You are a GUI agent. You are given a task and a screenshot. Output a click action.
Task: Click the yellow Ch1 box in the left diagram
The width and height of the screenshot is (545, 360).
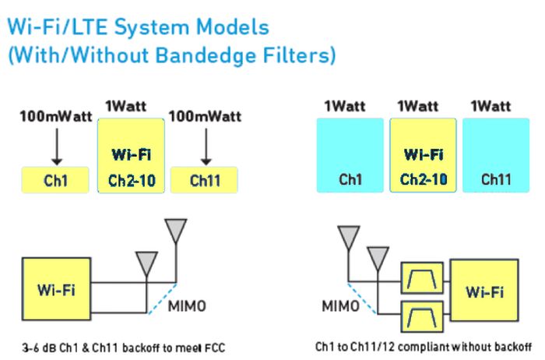pyautogui.click(x=55, y=180)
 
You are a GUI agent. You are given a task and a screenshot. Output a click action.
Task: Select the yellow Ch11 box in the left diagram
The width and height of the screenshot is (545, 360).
pyautogui.click(x=204, y=180)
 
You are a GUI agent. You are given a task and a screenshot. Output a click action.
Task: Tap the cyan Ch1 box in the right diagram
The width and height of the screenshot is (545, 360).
pyautogui.click(x=350, y=155)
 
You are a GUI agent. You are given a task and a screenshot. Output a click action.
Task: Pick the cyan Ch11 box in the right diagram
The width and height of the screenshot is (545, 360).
pyautogui.click(x=495, y=155)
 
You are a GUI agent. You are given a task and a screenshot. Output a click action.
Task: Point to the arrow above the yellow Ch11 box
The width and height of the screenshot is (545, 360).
pyautogui.click(x=205, y=146)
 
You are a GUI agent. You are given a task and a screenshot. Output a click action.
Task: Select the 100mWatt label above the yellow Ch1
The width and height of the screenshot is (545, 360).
pyautogui.click(x=55, y=117)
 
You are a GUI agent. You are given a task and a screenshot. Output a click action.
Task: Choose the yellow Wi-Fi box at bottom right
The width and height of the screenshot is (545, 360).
pyautogui.click(x=484, y=292)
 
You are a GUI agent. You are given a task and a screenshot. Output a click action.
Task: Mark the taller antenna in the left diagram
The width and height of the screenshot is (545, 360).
pyautogui.click(x=177, y=231)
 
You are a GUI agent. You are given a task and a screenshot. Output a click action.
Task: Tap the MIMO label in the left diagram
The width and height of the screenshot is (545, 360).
pyautogui.click(x=188, y=306)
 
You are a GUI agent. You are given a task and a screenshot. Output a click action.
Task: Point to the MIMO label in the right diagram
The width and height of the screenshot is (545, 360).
pyautogui.click(x=341, y=306)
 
